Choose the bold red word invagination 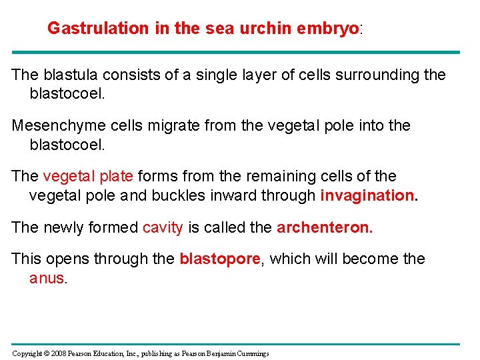click(369, 195)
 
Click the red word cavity click(163, 227)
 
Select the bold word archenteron click(325, 227)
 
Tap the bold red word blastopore click(219, 259)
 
